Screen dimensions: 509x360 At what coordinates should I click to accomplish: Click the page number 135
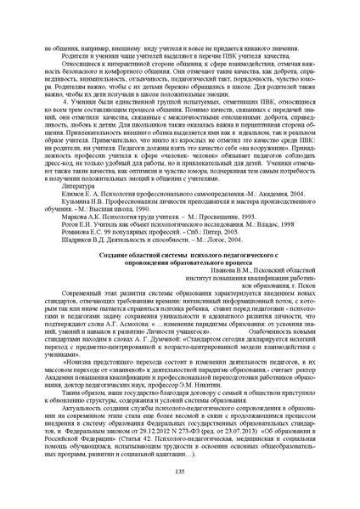coord(180,472)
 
